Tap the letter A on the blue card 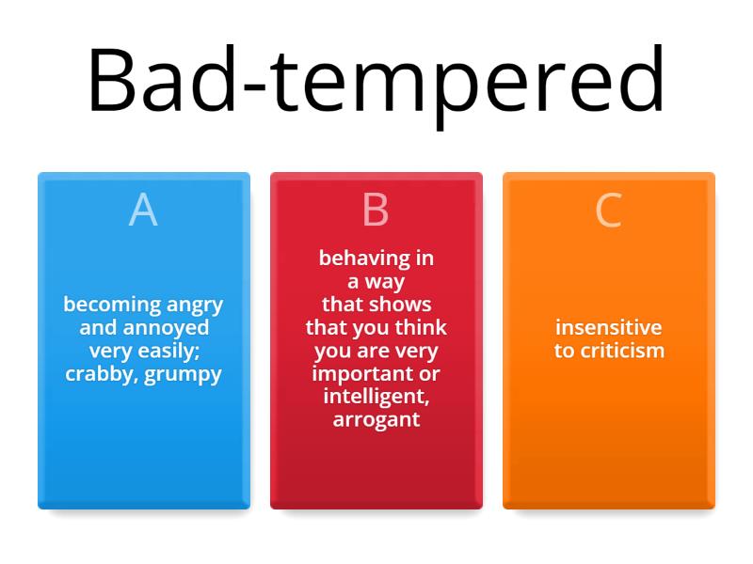coord(143,211)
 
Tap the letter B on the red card coord(376,211)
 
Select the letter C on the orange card coord(608,211)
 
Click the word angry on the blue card coord(195,305)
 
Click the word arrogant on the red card coord(376,420)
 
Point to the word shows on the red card coord(401,305)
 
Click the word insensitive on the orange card coord(608,328)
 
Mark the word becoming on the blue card coord(100,305)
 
